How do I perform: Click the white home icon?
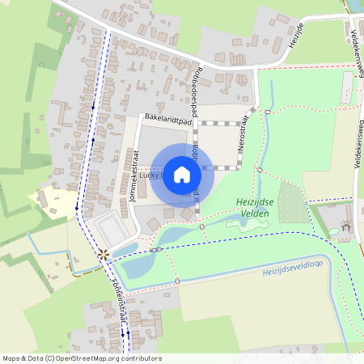[182, 175]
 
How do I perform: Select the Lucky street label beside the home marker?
[150, 174]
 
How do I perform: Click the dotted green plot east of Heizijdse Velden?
[293, 202]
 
